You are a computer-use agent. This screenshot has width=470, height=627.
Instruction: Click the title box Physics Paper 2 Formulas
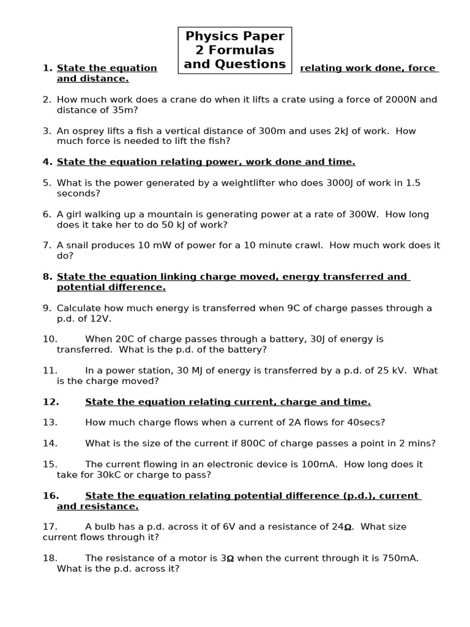click(x=235, y=50)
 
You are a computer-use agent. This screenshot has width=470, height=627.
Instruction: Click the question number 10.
click(x=50, y=339)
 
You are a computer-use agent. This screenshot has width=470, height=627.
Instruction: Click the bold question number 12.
click(x=51, y=402)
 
